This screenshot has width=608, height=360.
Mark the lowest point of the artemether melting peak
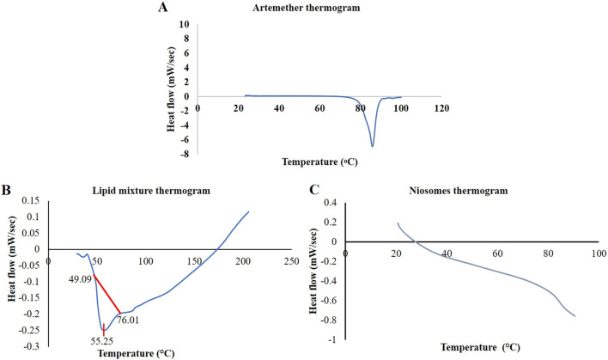click(x=372, y=146)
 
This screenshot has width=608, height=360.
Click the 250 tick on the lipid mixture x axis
click(x=291, y=259)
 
